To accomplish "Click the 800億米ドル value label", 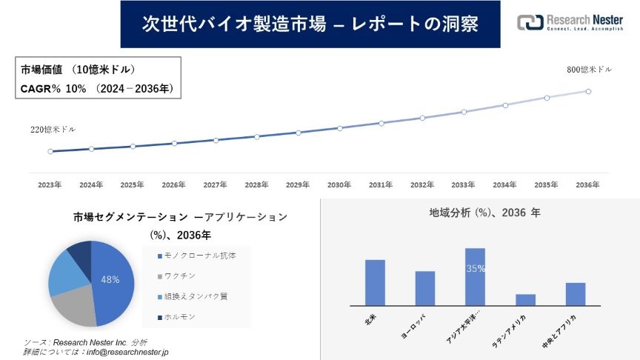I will (589, 70).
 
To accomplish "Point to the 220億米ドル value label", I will (53, 129).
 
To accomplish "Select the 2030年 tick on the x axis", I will (339, 184).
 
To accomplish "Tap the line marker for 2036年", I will (588, 91).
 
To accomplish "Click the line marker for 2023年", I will (50, 151).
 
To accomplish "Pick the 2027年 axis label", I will (215, 184).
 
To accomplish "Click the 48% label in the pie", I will (110, 280).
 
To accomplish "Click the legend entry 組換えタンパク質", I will (193, 296).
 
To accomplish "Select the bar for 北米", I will (375, 282).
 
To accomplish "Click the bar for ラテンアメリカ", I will (525, 299).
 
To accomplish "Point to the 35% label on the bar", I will (475, 269).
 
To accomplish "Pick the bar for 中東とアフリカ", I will (576, 293).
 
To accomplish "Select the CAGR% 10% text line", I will (96, 88).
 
